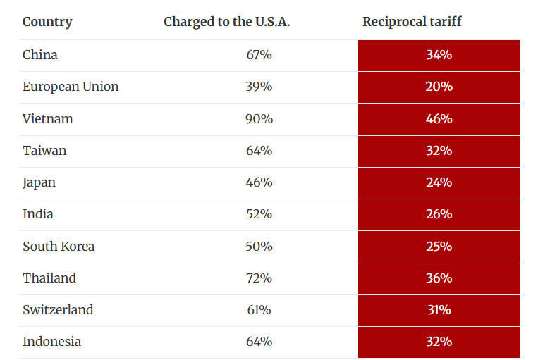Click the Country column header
pyautogui.click(x=47, y=22)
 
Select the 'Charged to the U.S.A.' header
pyautogui.click(x=226, y=22)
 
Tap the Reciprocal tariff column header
pyautogui.click(x=412, y=22)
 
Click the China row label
pyautogui.click(x=40, y=55)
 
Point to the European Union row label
pyautogui.click(x=71, y=87)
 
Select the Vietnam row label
pyautogui.click(x=48, y=119)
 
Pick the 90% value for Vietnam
pyautogui.click(x=259, y=119)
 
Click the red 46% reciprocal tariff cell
pyautogui.click(x=439, y=119)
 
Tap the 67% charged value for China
pyautogui.click(x=259, y=55)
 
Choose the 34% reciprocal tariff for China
pyautogui.click(x=439, y=55)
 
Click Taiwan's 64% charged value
pyautogui.click(x=259, y=151)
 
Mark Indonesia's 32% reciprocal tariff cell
pyautogui.click(x=439, y=342)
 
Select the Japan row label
pyautogui.click(x=39, y=182)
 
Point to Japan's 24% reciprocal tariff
pyautogui.click(x=439, y=182)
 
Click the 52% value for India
pyautogui.click(x=259, y=214)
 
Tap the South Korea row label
pyautogui.click(x=59, y=247)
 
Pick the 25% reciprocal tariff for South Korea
pyautogui.click(x=439, y=247)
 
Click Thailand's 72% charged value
pyautogui.click(x=259, y=278)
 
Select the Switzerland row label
pyautogui.click(x=58, y=310)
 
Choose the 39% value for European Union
pyautogui.click(x=259, y=87)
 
